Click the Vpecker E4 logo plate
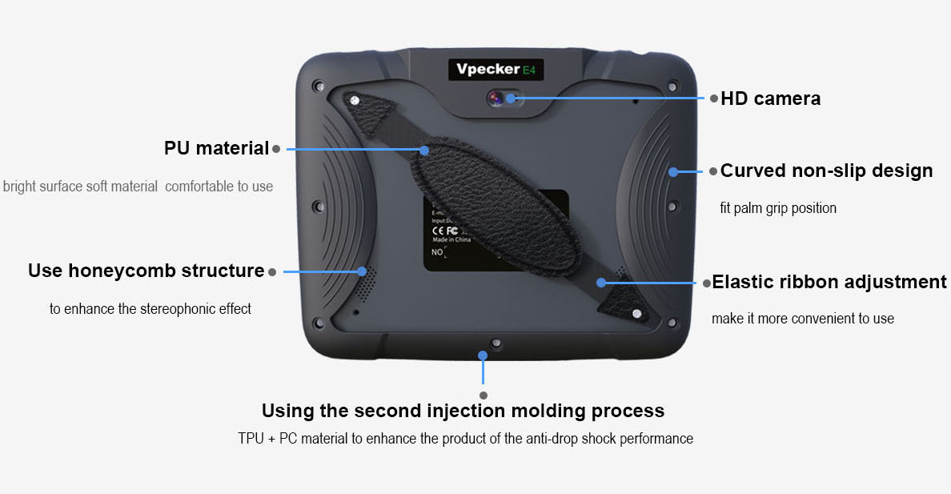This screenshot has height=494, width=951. point(496,69)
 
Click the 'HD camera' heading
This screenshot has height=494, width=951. point(770,98)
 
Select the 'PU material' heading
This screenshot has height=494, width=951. point(216,148)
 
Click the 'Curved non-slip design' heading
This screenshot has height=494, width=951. point(826,171)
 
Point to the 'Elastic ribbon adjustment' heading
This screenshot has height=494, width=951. point(829,282)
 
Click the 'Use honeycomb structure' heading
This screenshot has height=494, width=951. point(146,271)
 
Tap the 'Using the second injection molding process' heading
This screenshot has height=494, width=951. point(463,411)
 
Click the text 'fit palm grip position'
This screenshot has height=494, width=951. point(778,208)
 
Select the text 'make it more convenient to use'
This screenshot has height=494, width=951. point(802,319)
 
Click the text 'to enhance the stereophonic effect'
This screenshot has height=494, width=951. point(150,309)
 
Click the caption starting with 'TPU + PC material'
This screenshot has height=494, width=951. point(465,439)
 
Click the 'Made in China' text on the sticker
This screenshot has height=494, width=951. point(451,239)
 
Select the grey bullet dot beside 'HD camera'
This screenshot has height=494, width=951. point(713,98)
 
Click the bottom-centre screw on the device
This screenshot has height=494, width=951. point(497,343)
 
